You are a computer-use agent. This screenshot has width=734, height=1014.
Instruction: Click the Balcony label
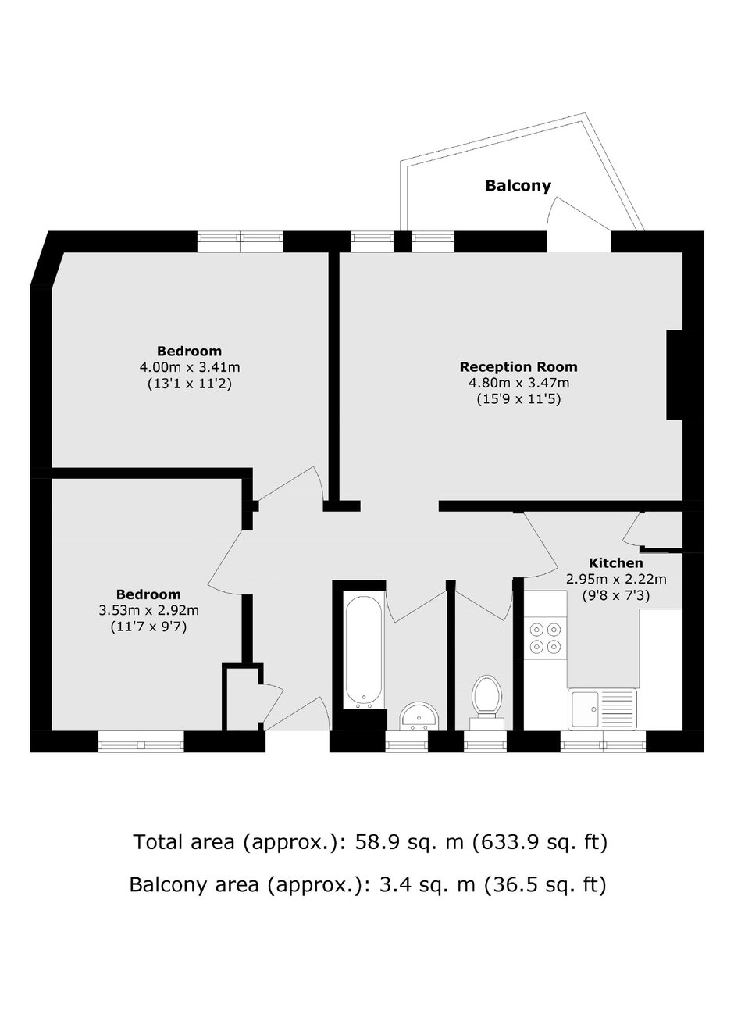coord(518,186)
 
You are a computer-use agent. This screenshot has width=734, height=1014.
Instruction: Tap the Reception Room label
coord(518,366)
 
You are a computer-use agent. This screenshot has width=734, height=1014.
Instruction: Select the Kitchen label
coord(616,563)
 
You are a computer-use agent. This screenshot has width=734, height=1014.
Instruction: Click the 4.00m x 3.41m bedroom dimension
coord(190,366)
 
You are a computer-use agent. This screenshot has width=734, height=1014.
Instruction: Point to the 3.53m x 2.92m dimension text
coord(149,610)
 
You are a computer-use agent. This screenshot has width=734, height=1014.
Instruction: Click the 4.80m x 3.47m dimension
coord(518,383)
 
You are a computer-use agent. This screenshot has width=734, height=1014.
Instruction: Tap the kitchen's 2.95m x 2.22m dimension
coord(616,579)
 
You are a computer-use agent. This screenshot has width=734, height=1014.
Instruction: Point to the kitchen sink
coord(602,709)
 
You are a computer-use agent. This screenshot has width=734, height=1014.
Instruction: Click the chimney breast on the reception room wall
coord(675,375)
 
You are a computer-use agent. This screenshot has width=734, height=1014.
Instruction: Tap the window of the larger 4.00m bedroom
coord(241,241)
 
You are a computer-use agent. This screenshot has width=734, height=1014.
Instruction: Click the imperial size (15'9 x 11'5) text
coord(518,400)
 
